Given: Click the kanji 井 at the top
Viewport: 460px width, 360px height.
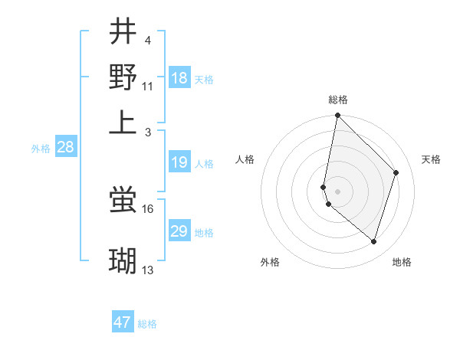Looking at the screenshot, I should [123, 33].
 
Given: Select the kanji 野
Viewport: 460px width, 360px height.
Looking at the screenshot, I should [123, 77].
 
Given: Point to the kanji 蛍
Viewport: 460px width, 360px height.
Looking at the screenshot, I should [123, 201].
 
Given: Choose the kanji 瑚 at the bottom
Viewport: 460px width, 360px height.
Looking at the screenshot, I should [123, 261].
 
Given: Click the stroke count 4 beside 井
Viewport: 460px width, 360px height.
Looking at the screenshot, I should [147, 40].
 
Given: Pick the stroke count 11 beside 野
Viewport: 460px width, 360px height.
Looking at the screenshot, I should [148, 86].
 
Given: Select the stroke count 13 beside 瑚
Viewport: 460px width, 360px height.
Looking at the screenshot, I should [148, 270].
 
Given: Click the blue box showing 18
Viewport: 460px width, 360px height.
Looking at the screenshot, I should [179, 78].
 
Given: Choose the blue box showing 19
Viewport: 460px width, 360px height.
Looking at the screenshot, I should [179, 162].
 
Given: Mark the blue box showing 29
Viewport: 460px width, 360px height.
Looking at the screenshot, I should [179, 231].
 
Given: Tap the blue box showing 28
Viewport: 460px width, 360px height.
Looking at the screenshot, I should [65, 148].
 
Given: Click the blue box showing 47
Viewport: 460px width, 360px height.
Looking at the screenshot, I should [123, 322].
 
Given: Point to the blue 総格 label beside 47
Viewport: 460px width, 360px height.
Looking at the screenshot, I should [147, 324].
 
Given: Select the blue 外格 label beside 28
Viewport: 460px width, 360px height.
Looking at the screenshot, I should [41, 149].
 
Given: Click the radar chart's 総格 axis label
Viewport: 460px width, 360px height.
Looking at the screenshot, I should [337, 100].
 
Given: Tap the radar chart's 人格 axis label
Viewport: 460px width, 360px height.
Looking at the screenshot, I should [245, 159].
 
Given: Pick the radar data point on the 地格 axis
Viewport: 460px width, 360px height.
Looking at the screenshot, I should [373, 241].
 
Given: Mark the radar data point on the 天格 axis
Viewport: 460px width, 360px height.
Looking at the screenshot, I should [396, 172].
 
